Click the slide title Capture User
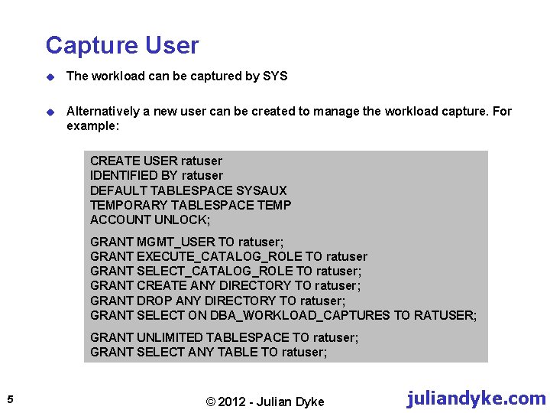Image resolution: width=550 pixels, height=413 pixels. click(x=121, y=46)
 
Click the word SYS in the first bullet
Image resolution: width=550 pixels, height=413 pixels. click(x=275, y=76)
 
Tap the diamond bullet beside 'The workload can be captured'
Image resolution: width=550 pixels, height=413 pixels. click(x=50, y=76)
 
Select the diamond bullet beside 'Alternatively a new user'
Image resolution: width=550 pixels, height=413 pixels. click(x=50, y=112)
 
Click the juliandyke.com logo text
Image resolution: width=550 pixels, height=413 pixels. click(x=476, y=398)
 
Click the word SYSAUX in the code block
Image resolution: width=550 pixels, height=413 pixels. click(x=261, y=190)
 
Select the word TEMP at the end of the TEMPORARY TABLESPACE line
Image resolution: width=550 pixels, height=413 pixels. click(x=274, y=205)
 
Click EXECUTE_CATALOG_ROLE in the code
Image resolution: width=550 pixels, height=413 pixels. click(x=219, y=256)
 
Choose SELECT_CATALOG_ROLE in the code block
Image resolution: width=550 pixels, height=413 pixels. click(x=215, y=271)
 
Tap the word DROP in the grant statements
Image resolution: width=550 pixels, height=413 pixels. click(x=151, y=301)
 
